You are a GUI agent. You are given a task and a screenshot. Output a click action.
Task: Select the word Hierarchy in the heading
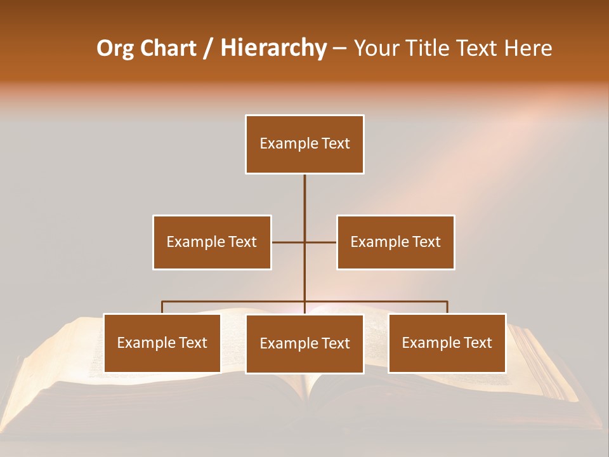pos(273,49)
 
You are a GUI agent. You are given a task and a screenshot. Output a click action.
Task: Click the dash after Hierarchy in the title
pos(339,49)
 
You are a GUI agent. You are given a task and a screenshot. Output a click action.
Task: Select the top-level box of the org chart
pos(304,144)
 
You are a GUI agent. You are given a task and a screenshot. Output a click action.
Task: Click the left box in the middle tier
pos(212,242)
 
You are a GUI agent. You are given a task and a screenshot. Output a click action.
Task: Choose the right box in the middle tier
pos(396,242)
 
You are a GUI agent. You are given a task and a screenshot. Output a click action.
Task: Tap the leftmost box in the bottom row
pos(162,343)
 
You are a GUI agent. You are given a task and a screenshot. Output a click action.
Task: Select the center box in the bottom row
pos(304,344)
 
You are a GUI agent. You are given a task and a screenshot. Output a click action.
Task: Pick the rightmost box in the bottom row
pos(447,343)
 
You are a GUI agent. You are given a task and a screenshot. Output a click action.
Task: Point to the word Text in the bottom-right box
pos(478,343)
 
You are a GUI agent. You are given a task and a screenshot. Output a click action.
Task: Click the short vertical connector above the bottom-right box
pos(447,307)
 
